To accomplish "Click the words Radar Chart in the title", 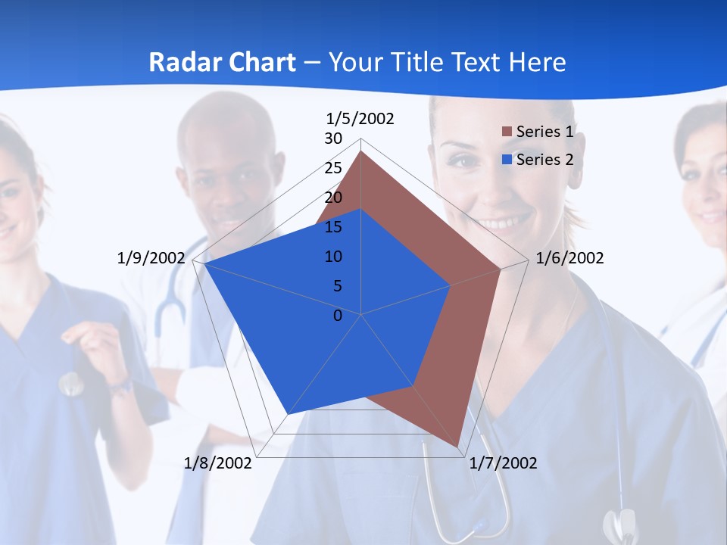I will click(222, 62).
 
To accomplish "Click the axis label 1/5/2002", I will click(360, 119).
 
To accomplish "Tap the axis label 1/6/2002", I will click(569, 258).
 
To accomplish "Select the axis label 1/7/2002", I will click(503, 463).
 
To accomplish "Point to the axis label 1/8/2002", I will click(218, 463).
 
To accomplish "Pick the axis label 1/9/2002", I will click(151, 258).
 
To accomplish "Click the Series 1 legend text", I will click(544, 132).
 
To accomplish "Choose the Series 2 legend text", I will click(544, 160).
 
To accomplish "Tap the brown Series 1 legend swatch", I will click(507, 132).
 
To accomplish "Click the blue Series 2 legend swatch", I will click(507, 160).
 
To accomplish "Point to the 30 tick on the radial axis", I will click(333, 139).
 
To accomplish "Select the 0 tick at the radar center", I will click(338, 315).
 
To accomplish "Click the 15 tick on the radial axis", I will click(333, 227).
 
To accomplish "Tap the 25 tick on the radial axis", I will click(333, 168).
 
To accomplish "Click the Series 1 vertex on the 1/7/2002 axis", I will click(458, 447).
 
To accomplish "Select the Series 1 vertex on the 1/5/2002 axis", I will click(361, 151).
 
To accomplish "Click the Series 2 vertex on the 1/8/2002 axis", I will click(288, 414).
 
